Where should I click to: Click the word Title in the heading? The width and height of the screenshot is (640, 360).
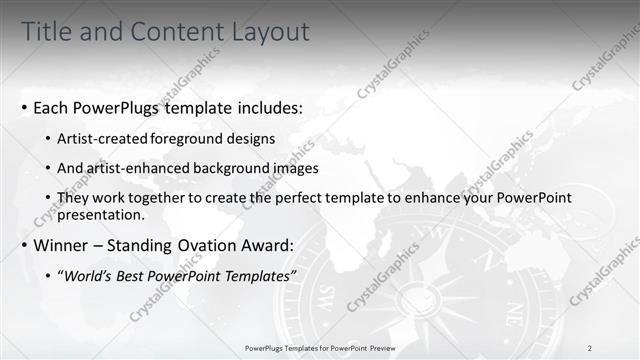point(48,32)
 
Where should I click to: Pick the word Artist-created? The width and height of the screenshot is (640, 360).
point(105,137)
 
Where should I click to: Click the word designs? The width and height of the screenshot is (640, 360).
point(253,137)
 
